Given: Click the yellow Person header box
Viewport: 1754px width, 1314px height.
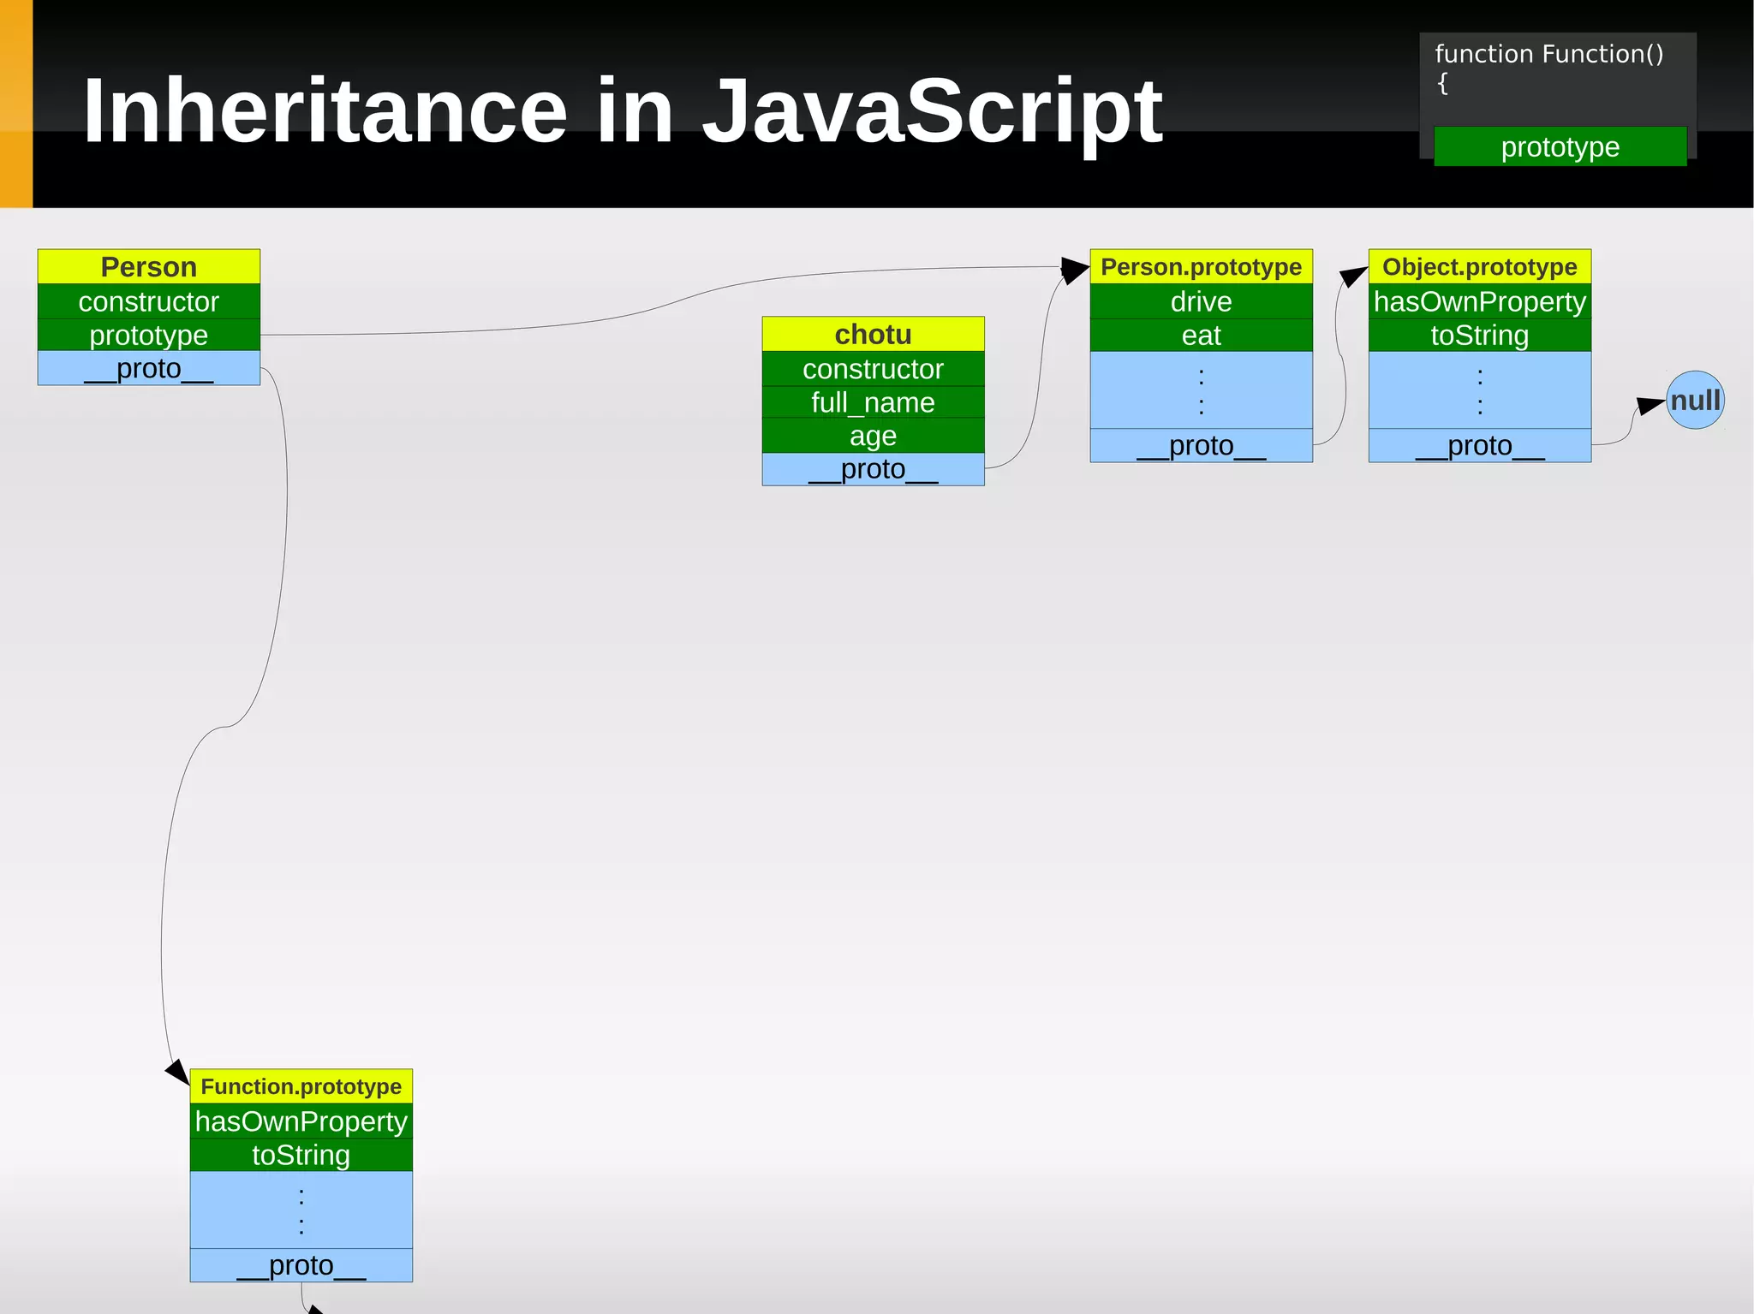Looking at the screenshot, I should tap(148, 267).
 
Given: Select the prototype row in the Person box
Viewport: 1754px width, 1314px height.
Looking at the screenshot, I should tap(148, 335).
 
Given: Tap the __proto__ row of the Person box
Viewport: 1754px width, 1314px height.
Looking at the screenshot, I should tap(148, 369).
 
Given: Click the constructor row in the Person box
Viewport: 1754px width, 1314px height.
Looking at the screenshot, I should tap(148, 301).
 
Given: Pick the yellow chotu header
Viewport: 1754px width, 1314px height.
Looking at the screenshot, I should tap(873, 334).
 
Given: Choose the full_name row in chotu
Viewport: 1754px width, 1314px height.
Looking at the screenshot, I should tap(873, 402).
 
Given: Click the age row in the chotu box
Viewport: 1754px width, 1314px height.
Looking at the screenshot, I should tap(873, 436).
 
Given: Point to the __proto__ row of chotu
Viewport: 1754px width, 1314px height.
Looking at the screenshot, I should tap(873, 469).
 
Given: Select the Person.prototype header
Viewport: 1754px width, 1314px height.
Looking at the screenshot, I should tap(1201, 267).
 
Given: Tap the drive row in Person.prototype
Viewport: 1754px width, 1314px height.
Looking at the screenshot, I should tap(1201, 301).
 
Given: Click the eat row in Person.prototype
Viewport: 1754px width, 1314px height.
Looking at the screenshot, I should tap(1201, 335).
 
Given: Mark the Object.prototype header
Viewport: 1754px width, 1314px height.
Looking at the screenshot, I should tap(1479, 267).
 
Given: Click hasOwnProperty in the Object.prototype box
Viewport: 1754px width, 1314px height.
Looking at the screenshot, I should tap(1479, 301).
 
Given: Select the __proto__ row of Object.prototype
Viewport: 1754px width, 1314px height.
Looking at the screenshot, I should tap(1479, 446).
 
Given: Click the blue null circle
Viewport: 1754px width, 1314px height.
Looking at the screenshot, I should tap(1695, 400).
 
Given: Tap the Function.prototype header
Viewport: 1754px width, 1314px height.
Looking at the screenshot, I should tap(301, 1086).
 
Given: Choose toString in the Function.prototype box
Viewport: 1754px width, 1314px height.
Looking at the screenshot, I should tap(301, 1155).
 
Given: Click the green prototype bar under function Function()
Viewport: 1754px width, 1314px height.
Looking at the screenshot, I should tap(1560, 146).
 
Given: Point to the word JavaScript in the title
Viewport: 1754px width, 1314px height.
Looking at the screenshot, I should tap(932, 111).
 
